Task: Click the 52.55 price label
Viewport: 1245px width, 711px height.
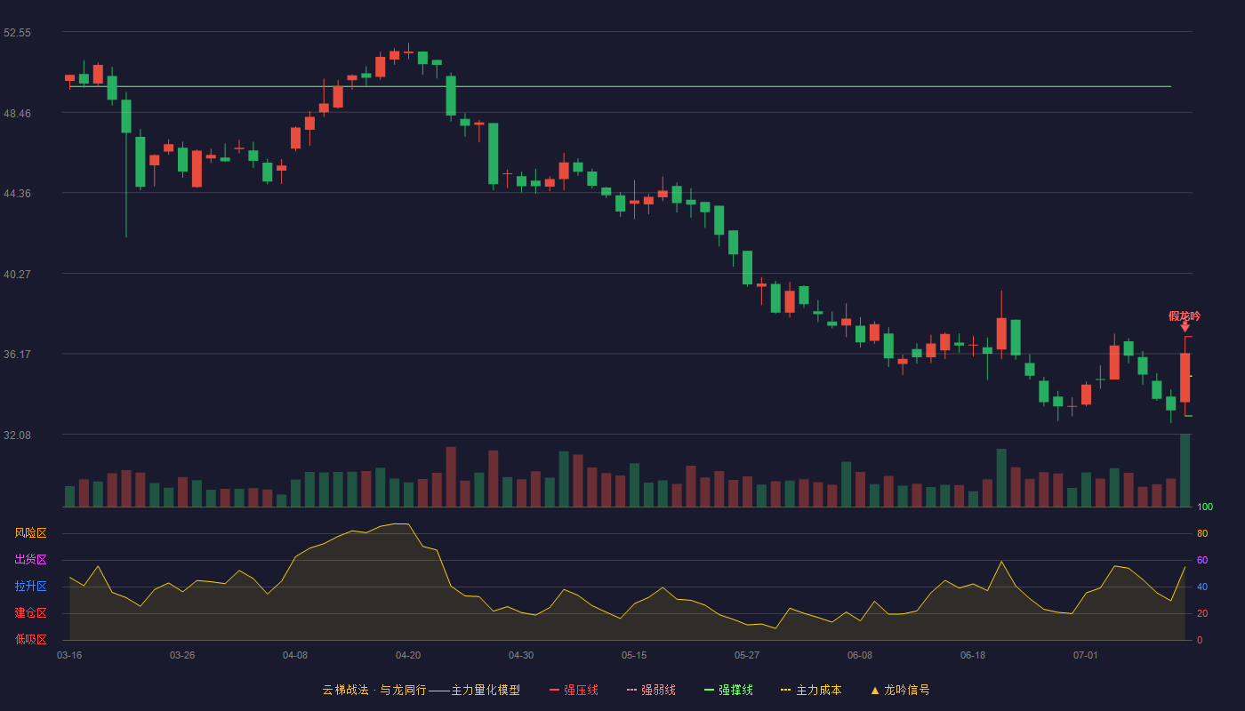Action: (17, 33)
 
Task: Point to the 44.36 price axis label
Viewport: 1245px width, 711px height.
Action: (17, 194)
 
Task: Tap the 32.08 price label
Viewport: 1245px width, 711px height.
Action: (17, 435)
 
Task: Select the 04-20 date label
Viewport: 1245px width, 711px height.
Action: (408, 656)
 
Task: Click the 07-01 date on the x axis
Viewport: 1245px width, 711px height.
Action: (1086, 656)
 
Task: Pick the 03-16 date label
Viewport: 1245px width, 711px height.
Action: (69, 656)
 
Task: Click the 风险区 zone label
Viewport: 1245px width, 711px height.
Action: (30, 533)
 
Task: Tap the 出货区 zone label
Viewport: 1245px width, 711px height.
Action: (30, 559)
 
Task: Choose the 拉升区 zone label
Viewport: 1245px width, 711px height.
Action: (30, 586)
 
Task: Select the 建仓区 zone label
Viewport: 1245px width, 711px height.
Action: (30, 612)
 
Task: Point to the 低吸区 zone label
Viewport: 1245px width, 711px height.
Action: (30, 639)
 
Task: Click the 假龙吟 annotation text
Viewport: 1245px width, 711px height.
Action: (1185, 316)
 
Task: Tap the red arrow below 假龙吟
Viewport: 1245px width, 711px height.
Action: (1185, 327)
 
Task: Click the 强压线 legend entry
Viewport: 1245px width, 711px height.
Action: (574, 690)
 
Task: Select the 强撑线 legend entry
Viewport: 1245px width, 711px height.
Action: (728, 690)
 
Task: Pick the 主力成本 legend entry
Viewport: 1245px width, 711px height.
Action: (811, 690)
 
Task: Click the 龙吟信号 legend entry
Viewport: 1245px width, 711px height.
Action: (900, 690)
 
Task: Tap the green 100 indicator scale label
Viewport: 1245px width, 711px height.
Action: (1205, 507)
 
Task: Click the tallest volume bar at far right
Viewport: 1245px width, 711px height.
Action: (1185, 470)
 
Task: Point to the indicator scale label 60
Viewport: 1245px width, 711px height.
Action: (1202, 560)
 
